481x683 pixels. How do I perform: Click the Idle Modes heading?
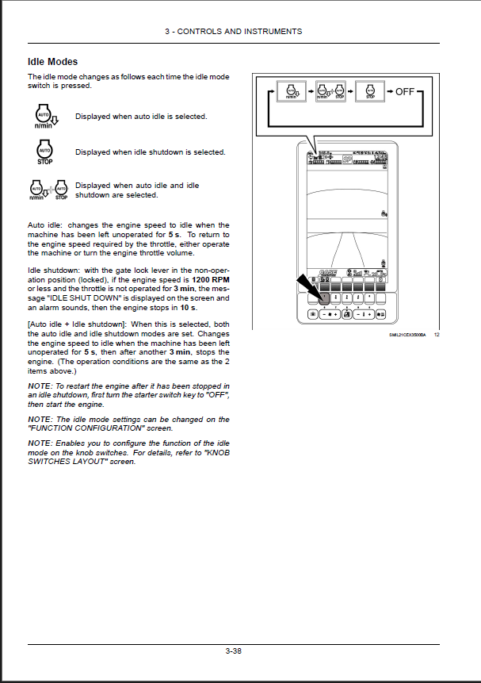tap(52, 61)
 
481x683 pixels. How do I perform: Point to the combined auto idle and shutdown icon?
tap(49, 190)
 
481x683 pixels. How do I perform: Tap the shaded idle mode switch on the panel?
tap(324, 297)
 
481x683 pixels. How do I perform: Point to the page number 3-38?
tap(233, 650)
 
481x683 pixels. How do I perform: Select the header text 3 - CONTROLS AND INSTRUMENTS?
tap(233, 32)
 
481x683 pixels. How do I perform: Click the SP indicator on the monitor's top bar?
tap(346, 159)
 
